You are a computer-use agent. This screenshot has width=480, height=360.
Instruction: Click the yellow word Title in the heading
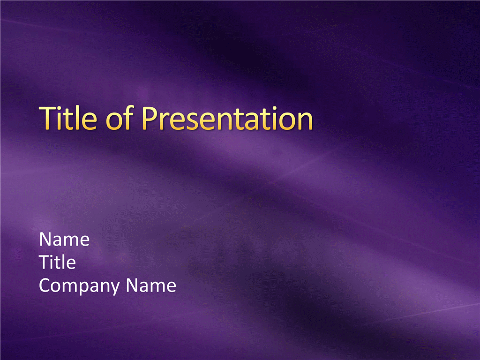tap(68, 118)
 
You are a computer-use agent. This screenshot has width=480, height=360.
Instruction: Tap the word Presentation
tap(227, 118)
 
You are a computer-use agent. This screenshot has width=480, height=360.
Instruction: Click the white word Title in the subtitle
tap(57, 262)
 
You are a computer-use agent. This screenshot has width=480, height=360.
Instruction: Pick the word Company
tap(79, 286)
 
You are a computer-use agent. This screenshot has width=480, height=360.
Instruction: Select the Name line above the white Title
tap(64, 239)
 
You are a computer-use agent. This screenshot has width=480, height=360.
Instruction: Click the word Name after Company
tap(151, 285)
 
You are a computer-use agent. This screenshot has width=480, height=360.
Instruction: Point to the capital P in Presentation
tap(150, 118)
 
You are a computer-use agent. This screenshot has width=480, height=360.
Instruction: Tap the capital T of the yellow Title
tap(48, 118)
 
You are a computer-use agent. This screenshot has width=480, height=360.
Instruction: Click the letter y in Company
tap(114, 288)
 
